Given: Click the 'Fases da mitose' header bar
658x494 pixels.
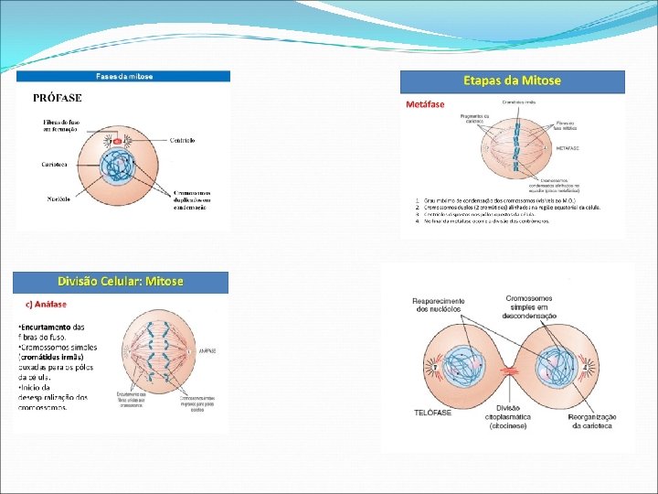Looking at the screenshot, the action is pyautogui.click(x=124, y=76).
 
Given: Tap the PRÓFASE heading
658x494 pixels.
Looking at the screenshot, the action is pyautogui.click(x=58, y=97).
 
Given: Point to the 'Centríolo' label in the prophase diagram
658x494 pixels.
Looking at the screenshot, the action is pyautogui.click(x=182, y=140).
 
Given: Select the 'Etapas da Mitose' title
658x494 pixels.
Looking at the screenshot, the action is pyautogui.click(x=512, y=81).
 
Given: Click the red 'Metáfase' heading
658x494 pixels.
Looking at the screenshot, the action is pyautogui.click(x=425, y=104).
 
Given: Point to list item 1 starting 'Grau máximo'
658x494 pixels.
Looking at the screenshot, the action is pyautogui.click(x=484, y=200).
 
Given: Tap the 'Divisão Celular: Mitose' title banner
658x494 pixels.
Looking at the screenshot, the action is pyautogui.click(x=121, y=281).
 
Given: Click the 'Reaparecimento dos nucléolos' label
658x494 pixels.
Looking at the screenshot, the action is pyautogui.click(x=440, y=305).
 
